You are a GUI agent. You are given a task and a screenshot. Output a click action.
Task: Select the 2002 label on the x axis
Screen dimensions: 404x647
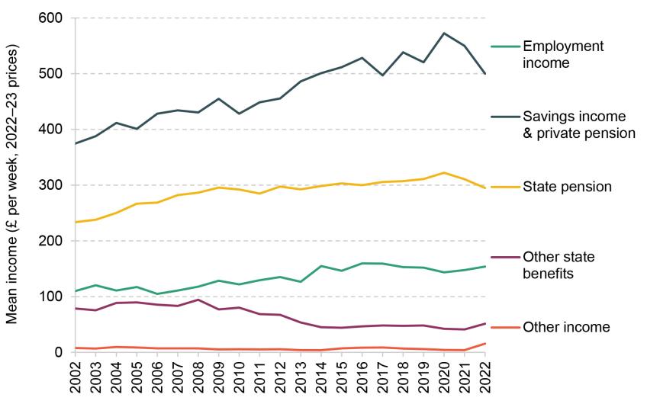point(75,377)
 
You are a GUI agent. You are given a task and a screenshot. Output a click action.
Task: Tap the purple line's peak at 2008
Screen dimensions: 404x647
point(198,300)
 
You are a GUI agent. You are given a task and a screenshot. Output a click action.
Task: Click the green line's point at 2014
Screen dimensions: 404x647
point(322,266)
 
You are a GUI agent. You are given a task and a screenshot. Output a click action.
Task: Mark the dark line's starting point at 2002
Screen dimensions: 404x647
point(75,143)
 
